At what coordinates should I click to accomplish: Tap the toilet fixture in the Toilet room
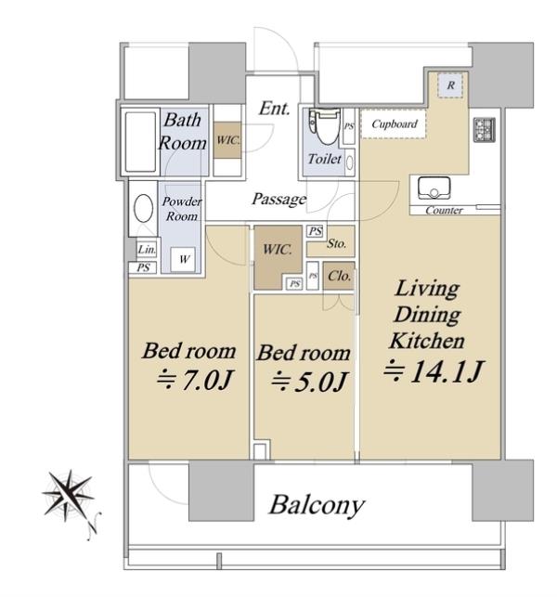[x=325, y=125]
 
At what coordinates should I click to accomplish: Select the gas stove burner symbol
[x=485, y=129]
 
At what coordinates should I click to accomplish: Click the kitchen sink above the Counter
[x=434, y=188]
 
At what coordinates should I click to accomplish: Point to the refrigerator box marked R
[x=450, y=85]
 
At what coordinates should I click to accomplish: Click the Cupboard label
[x=394, y=124]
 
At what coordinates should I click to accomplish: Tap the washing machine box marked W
[x=183, y=259]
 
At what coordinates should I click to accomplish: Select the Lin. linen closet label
[x=147, y=250]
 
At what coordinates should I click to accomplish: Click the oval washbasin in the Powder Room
[x=144, y=208]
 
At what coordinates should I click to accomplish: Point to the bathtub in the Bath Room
[x=140, y=142]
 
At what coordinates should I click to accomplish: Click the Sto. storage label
[x=337, y=243]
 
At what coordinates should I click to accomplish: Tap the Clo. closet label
[x=339, y=276]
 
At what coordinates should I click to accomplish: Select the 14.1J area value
[x=447, y=371]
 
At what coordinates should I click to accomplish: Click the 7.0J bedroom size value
[x=207, y=380]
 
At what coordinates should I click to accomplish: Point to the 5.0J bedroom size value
[x=320, y=382]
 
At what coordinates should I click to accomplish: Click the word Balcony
[x=317, y=506]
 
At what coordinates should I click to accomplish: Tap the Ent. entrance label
[x=274, y=109]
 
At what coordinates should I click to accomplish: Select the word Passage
[x=279, y=199]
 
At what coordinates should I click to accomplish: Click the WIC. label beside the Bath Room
[x=227, y=140]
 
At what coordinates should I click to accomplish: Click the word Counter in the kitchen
[x=444, y=210]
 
